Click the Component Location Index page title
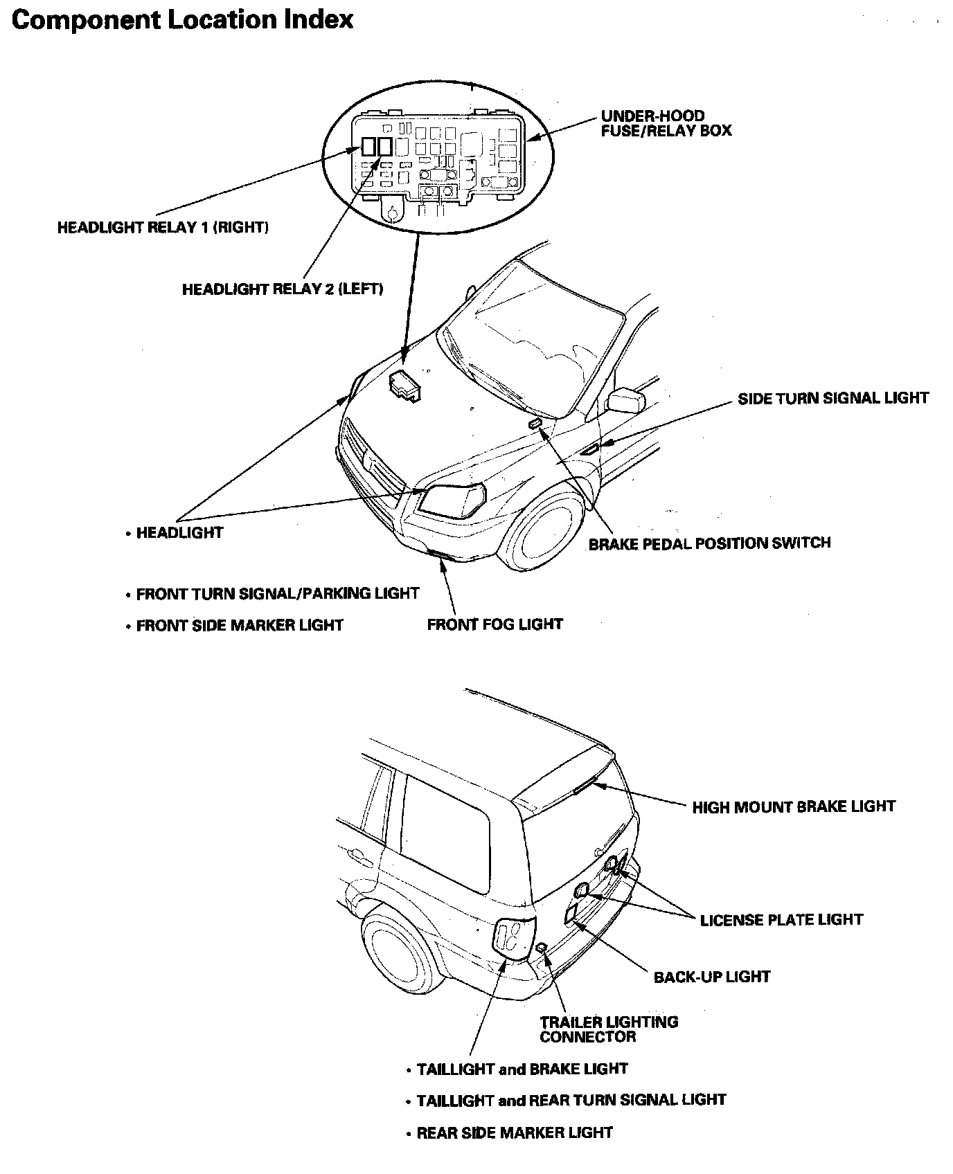point(182,19)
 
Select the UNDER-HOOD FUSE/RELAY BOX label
point(666,123)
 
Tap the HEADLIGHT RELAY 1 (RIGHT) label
point(163,227)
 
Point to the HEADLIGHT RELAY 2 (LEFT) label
point(283,289)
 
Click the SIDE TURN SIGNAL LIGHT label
point(833,398)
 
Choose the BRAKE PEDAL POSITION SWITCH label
point(709,543)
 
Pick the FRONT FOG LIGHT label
point(495,624)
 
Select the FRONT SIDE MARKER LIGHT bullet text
point(240,626)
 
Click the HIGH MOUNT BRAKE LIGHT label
point(794,806)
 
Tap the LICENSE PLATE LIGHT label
point(781,920)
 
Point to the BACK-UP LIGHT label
point(712,977)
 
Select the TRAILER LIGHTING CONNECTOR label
point(609,1029)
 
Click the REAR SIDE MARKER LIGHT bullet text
point(515,1133)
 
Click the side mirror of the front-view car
point(626,400)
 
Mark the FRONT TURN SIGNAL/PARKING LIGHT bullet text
point(277,594)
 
